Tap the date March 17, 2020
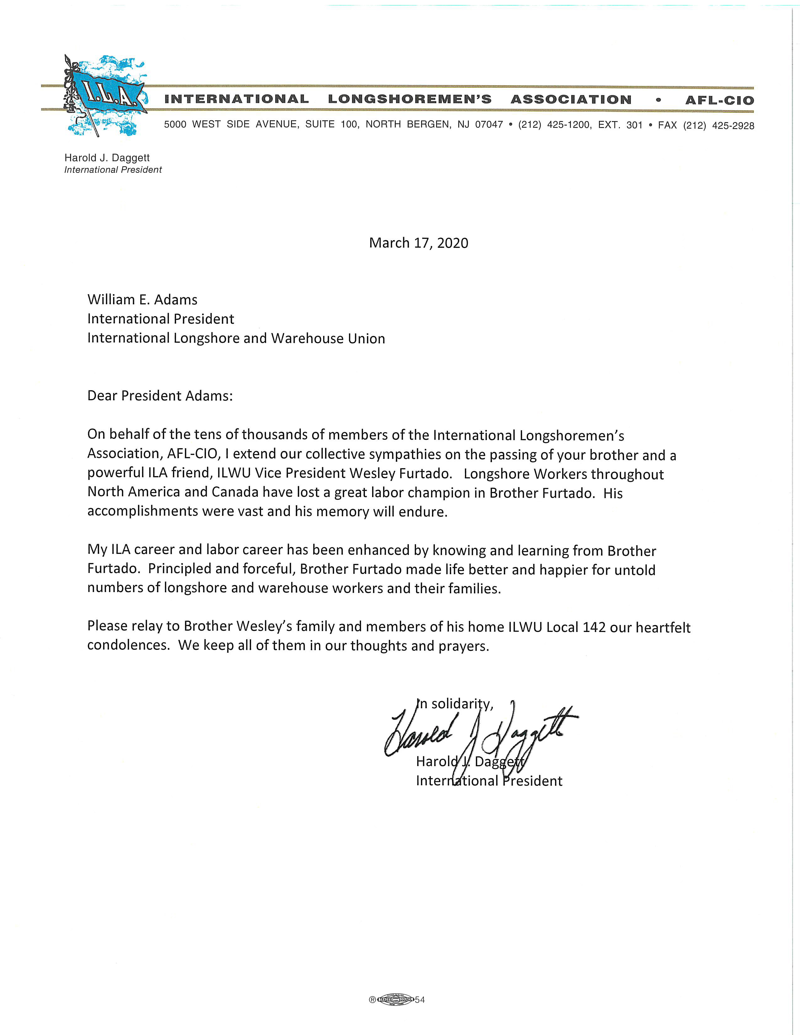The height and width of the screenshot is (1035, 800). click(x=419, y=243)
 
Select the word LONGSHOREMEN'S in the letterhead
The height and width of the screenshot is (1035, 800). click(x=410, y=99)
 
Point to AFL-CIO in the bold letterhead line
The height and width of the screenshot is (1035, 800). click(x=719, y=100)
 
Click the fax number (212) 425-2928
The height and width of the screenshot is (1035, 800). click(x=718, y=125)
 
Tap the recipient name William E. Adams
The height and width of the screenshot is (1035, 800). click(x=142, y=300)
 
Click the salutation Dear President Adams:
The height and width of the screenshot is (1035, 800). click(x=160, y=396)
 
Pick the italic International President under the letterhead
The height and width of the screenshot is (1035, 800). click(x=113, y=170)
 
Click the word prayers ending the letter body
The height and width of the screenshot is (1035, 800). click(x=463, y=646)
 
